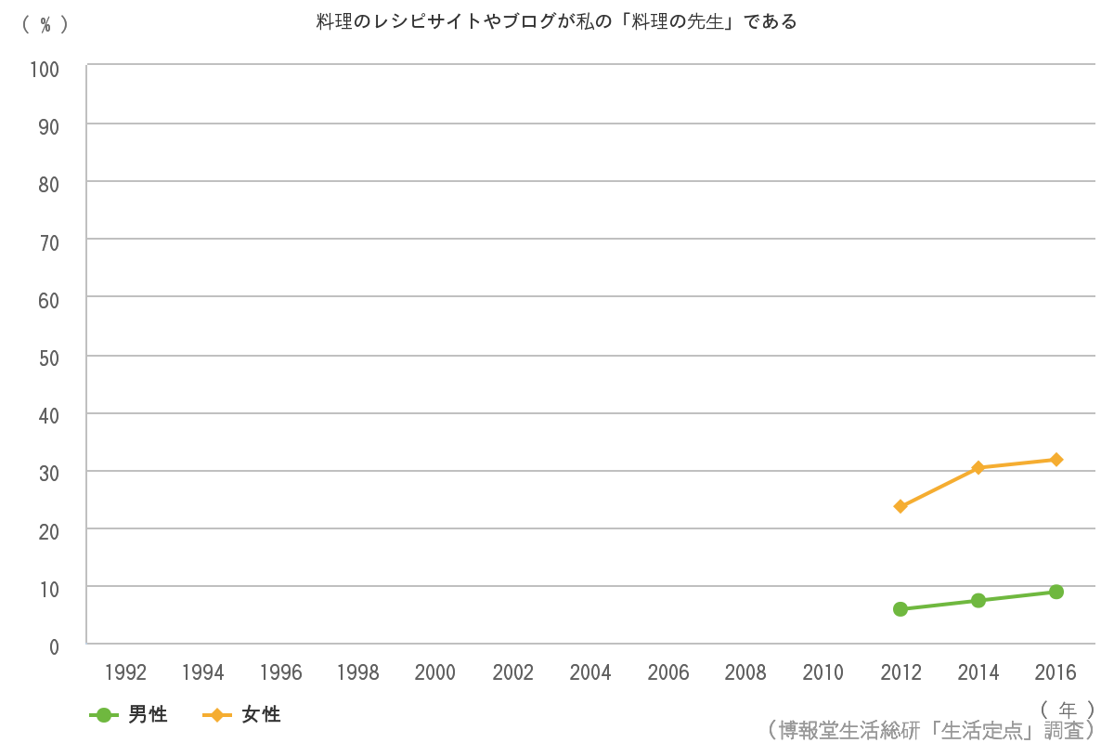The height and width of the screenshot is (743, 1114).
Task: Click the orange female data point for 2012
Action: [x=900, y=506]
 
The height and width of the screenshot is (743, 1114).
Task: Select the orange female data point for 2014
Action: [x=978, y=467]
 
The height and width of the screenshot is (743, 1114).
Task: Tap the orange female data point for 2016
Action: [x=1056, y=459]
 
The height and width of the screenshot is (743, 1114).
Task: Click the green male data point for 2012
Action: [x=900, y=609]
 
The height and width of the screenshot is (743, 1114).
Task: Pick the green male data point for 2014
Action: [x=978, y=600]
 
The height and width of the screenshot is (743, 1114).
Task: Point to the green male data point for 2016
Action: [x=1056, y=592]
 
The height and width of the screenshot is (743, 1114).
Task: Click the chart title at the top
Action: [x=556, y=21]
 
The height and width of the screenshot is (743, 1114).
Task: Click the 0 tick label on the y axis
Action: [x=53, y=646]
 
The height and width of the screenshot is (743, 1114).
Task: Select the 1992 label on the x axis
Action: [x=125, y=672]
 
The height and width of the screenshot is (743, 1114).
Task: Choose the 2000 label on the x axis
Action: [x=435, y=672]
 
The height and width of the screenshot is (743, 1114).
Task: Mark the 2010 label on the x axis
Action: [x=823, y=672]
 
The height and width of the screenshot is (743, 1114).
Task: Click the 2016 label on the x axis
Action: [x=1056, y=672]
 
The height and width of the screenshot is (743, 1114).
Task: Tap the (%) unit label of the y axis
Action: [x=45, y=25]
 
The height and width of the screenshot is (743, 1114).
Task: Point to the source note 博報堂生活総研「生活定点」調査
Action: [x=932, y=729]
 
